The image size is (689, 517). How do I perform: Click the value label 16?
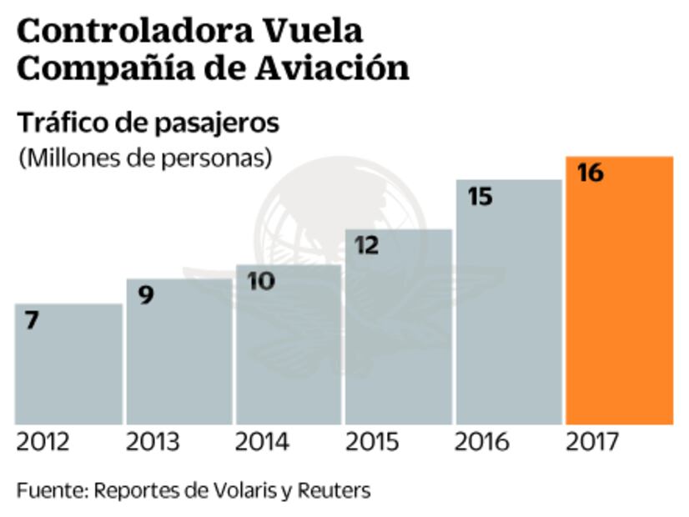[590, 173]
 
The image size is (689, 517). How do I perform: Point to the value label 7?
[32, 320]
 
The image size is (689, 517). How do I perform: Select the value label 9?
[146, 295]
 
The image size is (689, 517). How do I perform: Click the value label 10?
[261, 281]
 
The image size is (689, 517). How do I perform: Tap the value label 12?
[367, 246]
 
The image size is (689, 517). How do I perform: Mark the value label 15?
[480, 197]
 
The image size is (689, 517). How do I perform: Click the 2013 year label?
[152, 442]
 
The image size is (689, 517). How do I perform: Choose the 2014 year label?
[262, 442]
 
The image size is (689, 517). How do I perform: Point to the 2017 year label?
[592, 442]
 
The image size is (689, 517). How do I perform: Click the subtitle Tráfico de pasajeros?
[148, 123]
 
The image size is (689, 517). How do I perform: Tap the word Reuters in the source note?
[337, 489]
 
